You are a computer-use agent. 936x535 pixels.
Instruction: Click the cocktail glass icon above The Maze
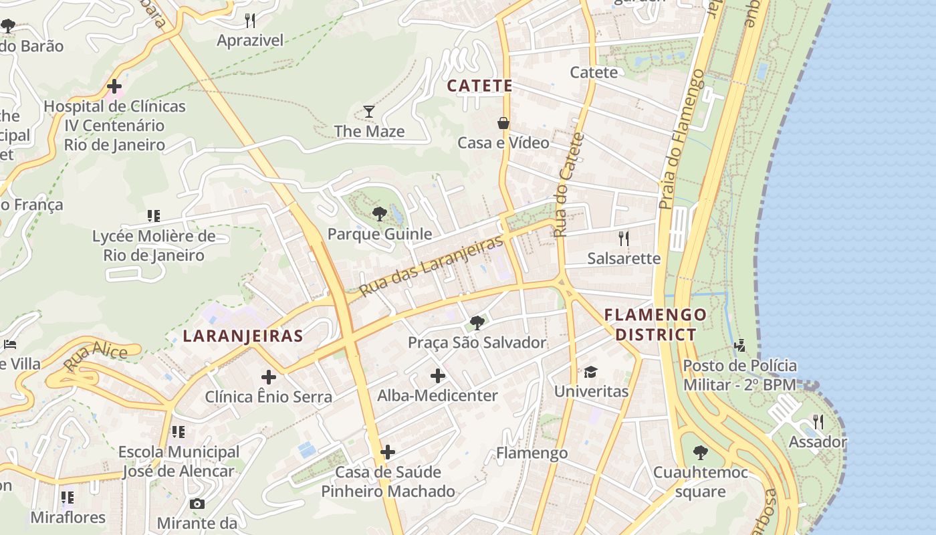[368, 111]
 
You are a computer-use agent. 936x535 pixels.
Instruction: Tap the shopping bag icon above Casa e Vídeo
[503, 123]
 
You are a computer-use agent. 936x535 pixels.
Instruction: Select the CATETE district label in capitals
[479, 86]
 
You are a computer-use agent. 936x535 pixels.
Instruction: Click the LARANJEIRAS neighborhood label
[243, 336]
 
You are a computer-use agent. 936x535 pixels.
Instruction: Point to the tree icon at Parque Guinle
[379, 214]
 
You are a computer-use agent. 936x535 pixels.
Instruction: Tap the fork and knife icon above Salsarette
[623, 239]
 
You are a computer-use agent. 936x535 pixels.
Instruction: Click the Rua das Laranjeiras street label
[431, 266]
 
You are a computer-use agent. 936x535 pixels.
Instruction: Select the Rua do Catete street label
[569, 185]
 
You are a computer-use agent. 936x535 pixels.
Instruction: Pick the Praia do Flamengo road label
[681, 140]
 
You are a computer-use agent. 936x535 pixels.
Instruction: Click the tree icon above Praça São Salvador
[477, 323]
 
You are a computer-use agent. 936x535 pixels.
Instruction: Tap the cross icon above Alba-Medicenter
[437, 376]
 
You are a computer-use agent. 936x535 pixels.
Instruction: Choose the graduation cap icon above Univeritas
[590, 372]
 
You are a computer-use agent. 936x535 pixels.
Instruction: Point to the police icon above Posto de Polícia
[739, 346]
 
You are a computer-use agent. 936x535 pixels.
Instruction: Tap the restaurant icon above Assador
[817, 422]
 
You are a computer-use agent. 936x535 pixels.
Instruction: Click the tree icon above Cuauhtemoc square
[700, 453]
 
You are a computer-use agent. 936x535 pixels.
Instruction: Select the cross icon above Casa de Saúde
[388, 452]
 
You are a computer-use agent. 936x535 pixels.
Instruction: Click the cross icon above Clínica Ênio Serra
[268, 377]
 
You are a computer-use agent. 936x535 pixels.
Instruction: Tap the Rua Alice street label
[96, 356]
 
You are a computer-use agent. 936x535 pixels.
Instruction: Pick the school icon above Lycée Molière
[154, 216]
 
